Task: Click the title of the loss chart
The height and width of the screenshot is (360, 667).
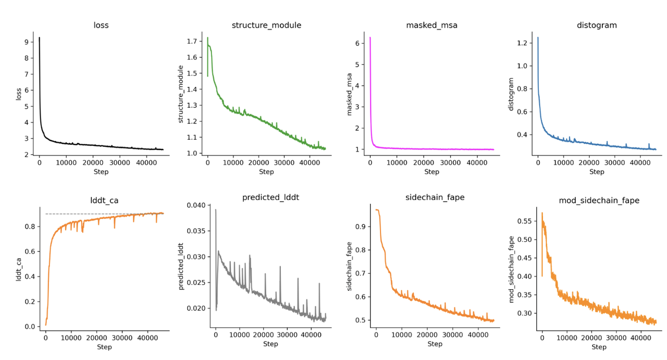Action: pos(101,24)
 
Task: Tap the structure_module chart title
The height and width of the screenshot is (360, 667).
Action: pos(266,25)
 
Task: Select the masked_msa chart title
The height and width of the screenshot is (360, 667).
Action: pos(431,25)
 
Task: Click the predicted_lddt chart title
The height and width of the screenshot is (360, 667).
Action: pos(270,197)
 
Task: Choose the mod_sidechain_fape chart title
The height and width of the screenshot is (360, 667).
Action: pos(599,200)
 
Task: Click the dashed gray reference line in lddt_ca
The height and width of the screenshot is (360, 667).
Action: pos(94,214)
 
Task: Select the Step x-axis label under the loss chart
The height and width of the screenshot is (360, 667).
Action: pos(101,172)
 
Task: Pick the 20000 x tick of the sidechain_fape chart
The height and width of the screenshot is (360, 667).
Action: pos(427,335)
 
